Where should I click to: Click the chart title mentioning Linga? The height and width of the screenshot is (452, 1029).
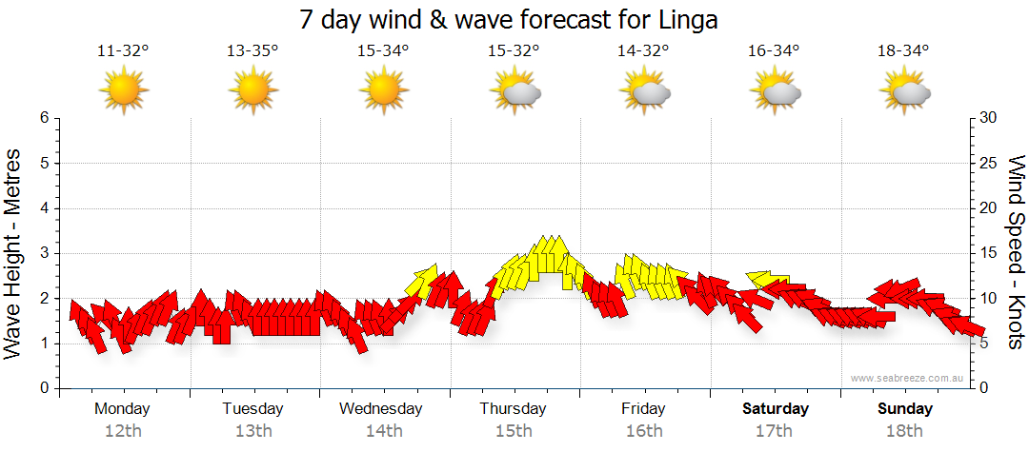click(508, 18)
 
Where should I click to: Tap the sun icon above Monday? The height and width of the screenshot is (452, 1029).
click(123, 91)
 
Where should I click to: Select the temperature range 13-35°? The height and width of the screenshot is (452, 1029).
click(252, 51)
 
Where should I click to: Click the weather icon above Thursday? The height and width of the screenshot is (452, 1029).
click(514, 92)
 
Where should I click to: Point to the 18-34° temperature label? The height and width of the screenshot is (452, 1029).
click(903, 51)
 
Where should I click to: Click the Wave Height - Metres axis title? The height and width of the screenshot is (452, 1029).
click(14, 252)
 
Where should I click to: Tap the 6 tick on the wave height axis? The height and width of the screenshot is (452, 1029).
click(43, 118)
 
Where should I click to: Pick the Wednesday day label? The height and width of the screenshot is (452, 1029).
click(381, 409)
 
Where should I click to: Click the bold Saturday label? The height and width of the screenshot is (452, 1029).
click(776, 409)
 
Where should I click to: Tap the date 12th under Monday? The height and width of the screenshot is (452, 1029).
click(123, 431)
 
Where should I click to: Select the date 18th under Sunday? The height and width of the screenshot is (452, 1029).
click(905, 431)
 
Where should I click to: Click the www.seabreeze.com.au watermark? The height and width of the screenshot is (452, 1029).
click(909, 379)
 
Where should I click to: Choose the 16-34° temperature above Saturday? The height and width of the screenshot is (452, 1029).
click(774, 51)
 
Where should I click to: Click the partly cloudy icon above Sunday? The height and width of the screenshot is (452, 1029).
click(905, 92)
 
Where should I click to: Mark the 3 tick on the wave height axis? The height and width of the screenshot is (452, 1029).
click(43, 253)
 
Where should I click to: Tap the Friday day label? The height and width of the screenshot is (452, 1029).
click(644, 409)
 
